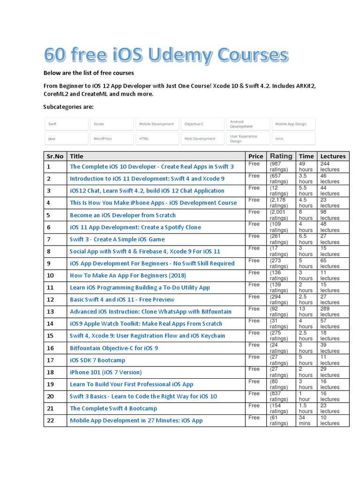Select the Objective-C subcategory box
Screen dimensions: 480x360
pyautogui.click(x=202, y=124)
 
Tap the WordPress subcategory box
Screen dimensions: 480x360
pyautogui.click(x=111, y=138)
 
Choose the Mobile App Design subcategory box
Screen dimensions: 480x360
pyautogui.click(x=292, y=124)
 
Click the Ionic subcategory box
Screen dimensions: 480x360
pyautogui.click(x=292, y=138)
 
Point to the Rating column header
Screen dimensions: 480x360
pyautogui.click(x=281, y=156)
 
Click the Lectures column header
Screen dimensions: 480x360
pyautogui.click(x=333, y=156)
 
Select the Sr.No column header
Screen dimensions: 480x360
pyautogui.click(x=55, y=156)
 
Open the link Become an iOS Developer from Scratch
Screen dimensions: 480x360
pyautogui.click(x=123, y=215)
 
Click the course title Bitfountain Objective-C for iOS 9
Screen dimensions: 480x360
pyautogui.click(x=114, y=348)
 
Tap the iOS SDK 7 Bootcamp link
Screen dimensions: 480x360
pyautogui.click(x=97, y=360)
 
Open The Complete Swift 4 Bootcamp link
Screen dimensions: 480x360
pyautogui.click(x=113, y=408)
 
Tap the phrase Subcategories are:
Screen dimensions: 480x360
pyautogui.click(x=68, y=107)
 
